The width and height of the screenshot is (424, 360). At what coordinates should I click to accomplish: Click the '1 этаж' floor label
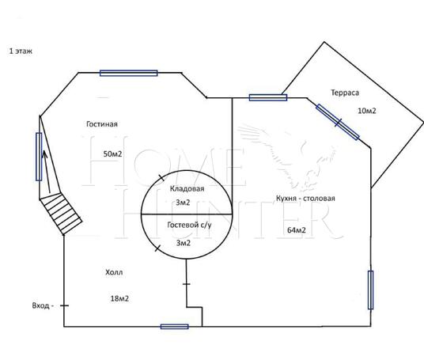tap(21, 51)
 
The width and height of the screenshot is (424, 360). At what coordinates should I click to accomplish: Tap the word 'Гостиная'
tap(102, 124)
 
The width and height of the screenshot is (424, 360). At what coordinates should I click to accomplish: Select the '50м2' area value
tap(112, 154)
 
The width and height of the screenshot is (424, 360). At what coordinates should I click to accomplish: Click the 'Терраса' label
tap(345, 93)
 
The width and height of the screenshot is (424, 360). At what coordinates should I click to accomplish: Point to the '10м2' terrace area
tap(367, 111)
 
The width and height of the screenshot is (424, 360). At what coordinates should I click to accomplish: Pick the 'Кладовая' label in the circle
tap(187, 188)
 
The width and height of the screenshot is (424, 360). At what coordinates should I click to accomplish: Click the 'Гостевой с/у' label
tap(189, 225)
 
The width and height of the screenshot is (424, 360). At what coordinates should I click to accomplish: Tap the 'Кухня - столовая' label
tap(305, 199)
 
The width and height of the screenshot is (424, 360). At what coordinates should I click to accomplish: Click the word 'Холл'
tap(114, 272)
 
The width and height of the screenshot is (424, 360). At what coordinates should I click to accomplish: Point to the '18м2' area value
tap(119, 298)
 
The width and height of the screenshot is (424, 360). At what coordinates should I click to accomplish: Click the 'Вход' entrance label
tap(41, 305)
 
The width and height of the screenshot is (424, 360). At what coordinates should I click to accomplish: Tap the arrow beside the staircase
tap(46, 172)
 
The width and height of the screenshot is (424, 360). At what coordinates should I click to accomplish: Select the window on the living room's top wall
tap(129, 73)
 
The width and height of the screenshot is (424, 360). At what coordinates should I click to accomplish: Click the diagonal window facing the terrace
tap(338, 122)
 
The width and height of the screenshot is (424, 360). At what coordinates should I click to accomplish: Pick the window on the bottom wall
tap(174, 327)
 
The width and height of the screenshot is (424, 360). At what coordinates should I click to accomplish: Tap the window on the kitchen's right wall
tap(370, 290)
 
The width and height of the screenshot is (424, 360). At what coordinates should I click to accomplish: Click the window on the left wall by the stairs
tap(39, 157)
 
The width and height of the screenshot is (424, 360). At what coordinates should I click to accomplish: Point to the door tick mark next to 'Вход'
tap(64, 305)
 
